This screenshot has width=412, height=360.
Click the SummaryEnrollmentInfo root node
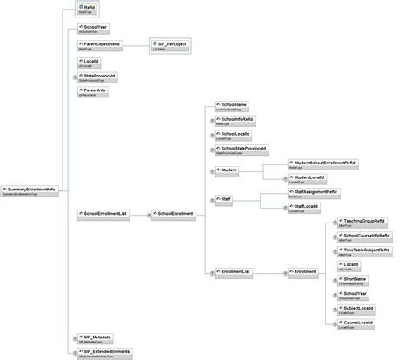click(x=30, y=189)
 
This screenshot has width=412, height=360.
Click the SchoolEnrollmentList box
click(x=103, y=212)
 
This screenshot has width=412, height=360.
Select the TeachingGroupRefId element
click(x=363, y=223)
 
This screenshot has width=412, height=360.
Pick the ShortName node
click(x=353, y=280)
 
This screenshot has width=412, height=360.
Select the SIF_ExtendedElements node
click(x=99, y=352)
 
